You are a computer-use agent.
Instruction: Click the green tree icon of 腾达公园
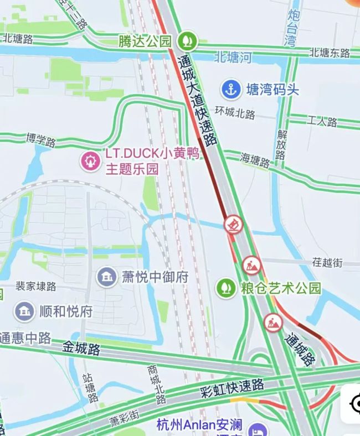187,40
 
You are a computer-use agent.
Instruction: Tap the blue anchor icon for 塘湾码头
230,89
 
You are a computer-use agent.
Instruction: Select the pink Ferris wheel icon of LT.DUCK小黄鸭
89,161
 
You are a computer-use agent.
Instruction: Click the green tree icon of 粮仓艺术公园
225,288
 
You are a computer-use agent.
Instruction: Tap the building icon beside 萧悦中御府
106,276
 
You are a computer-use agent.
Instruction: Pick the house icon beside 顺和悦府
24,311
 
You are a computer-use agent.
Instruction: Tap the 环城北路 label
236,113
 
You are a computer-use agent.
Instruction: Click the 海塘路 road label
255,160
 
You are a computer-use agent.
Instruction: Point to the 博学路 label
40,139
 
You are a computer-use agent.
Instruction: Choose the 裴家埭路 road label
35,286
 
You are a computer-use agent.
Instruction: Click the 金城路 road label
81,349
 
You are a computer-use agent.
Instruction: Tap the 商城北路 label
156,383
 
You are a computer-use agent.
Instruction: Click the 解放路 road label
282,144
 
